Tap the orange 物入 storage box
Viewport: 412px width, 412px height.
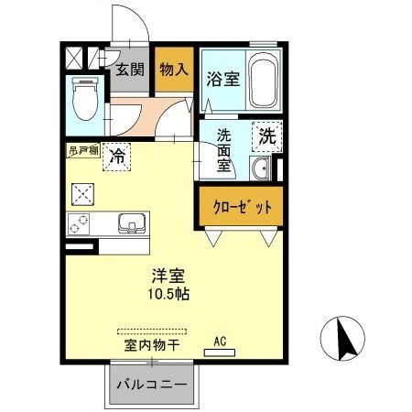[x=173, y=70]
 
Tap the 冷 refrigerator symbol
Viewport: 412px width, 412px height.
[x=118, y=157]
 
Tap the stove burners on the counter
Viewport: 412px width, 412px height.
[x=78, y=222]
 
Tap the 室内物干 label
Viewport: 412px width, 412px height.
[x=151, y=346]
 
